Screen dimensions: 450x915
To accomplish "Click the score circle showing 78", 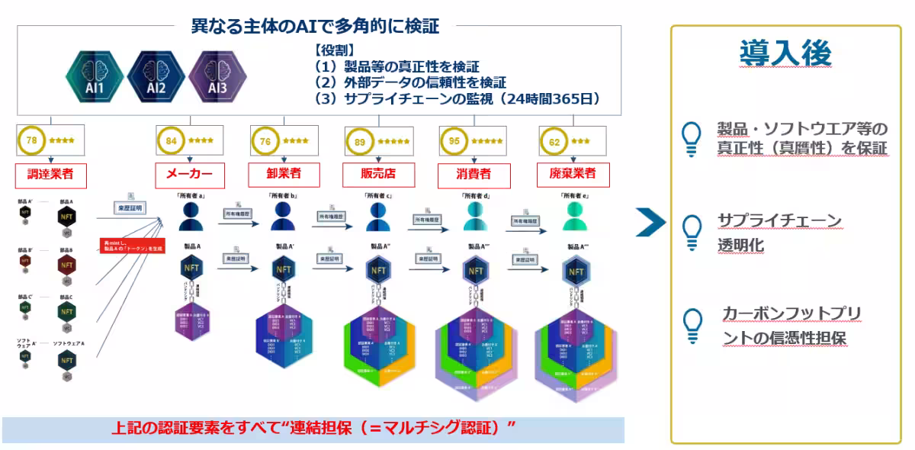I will tap(32, 140).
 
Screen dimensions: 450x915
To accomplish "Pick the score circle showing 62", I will tap(554, 140).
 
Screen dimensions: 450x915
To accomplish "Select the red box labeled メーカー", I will tap(185, 173).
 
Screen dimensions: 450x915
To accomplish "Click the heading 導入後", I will tap(785, 53).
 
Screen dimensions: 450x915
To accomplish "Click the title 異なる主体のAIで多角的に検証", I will tap(315, 25).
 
